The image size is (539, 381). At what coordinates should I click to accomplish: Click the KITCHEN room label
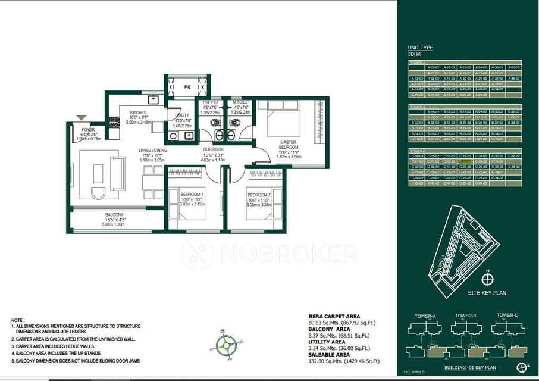click(x=139, y=113)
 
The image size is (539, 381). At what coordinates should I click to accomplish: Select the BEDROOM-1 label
click(x=192, y=195)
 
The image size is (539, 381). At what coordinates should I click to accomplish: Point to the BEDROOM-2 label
click(x=259, y=195)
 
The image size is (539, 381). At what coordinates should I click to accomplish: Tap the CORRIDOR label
click(x=213, y=149)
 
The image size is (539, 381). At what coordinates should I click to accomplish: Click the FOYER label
click(x=88, y=129)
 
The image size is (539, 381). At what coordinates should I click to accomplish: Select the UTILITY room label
click(x=183, y=115)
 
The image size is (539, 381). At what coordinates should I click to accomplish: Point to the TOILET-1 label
click(x=211, y=102)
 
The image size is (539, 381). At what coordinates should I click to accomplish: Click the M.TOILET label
click(x=241, y=102)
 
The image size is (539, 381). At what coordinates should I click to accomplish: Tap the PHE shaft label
click(x=187, y=87)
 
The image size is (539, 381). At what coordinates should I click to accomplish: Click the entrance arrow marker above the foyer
click(x=82, y=118)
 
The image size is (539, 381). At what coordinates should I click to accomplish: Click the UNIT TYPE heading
click(x=420, y=48)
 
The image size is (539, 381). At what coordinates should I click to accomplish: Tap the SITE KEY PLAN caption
click(x=486, y=293)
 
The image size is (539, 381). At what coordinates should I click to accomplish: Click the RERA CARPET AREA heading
click(x=334, y=317)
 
